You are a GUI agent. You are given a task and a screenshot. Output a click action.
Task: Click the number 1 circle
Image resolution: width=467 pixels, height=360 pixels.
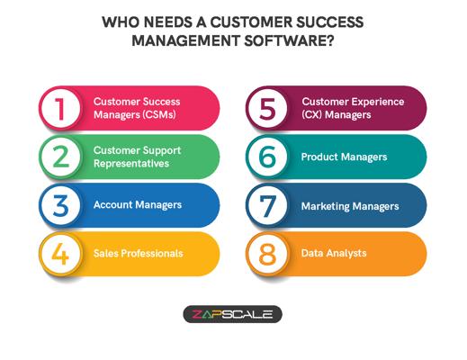point(61,109)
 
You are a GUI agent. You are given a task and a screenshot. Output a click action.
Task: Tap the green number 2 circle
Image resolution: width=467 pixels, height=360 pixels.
point(61,157)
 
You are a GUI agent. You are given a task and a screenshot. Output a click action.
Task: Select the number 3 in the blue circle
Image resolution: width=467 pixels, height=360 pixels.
point(61,206)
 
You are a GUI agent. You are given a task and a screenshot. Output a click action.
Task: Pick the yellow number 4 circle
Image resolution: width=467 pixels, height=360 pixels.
point(61,255)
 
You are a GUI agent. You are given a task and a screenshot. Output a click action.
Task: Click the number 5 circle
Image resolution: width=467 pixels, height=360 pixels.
point(267,109)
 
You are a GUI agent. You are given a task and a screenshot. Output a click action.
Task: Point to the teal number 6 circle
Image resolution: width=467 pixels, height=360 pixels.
point(267,157)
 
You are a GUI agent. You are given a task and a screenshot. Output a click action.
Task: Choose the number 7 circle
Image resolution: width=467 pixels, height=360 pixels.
point(267,206)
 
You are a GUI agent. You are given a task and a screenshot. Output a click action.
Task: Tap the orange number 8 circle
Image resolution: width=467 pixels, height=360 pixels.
point(267,255)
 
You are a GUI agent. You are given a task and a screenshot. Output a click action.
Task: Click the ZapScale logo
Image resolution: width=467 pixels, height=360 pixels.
point(232,314)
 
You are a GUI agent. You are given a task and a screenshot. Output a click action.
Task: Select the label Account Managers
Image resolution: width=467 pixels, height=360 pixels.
point(138,204)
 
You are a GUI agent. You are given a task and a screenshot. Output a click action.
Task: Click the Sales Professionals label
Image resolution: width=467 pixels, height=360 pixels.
point(138,254)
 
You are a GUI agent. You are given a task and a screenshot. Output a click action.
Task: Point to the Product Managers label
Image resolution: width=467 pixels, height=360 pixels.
point(344,157)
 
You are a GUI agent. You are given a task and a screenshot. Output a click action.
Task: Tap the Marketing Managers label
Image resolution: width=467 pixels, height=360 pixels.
point(350,206)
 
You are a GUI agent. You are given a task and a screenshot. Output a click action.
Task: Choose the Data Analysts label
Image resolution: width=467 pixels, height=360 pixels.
point(334,253)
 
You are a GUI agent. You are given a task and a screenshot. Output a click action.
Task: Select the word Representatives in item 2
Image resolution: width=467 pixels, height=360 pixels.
point(131,164)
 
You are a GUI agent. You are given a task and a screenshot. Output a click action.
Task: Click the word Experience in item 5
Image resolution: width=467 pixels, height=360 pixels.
point(378,102)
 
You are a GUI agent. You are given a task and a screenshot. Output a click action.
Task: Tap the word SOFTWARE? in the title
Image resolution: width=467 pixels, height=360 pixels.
point(289,40)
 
